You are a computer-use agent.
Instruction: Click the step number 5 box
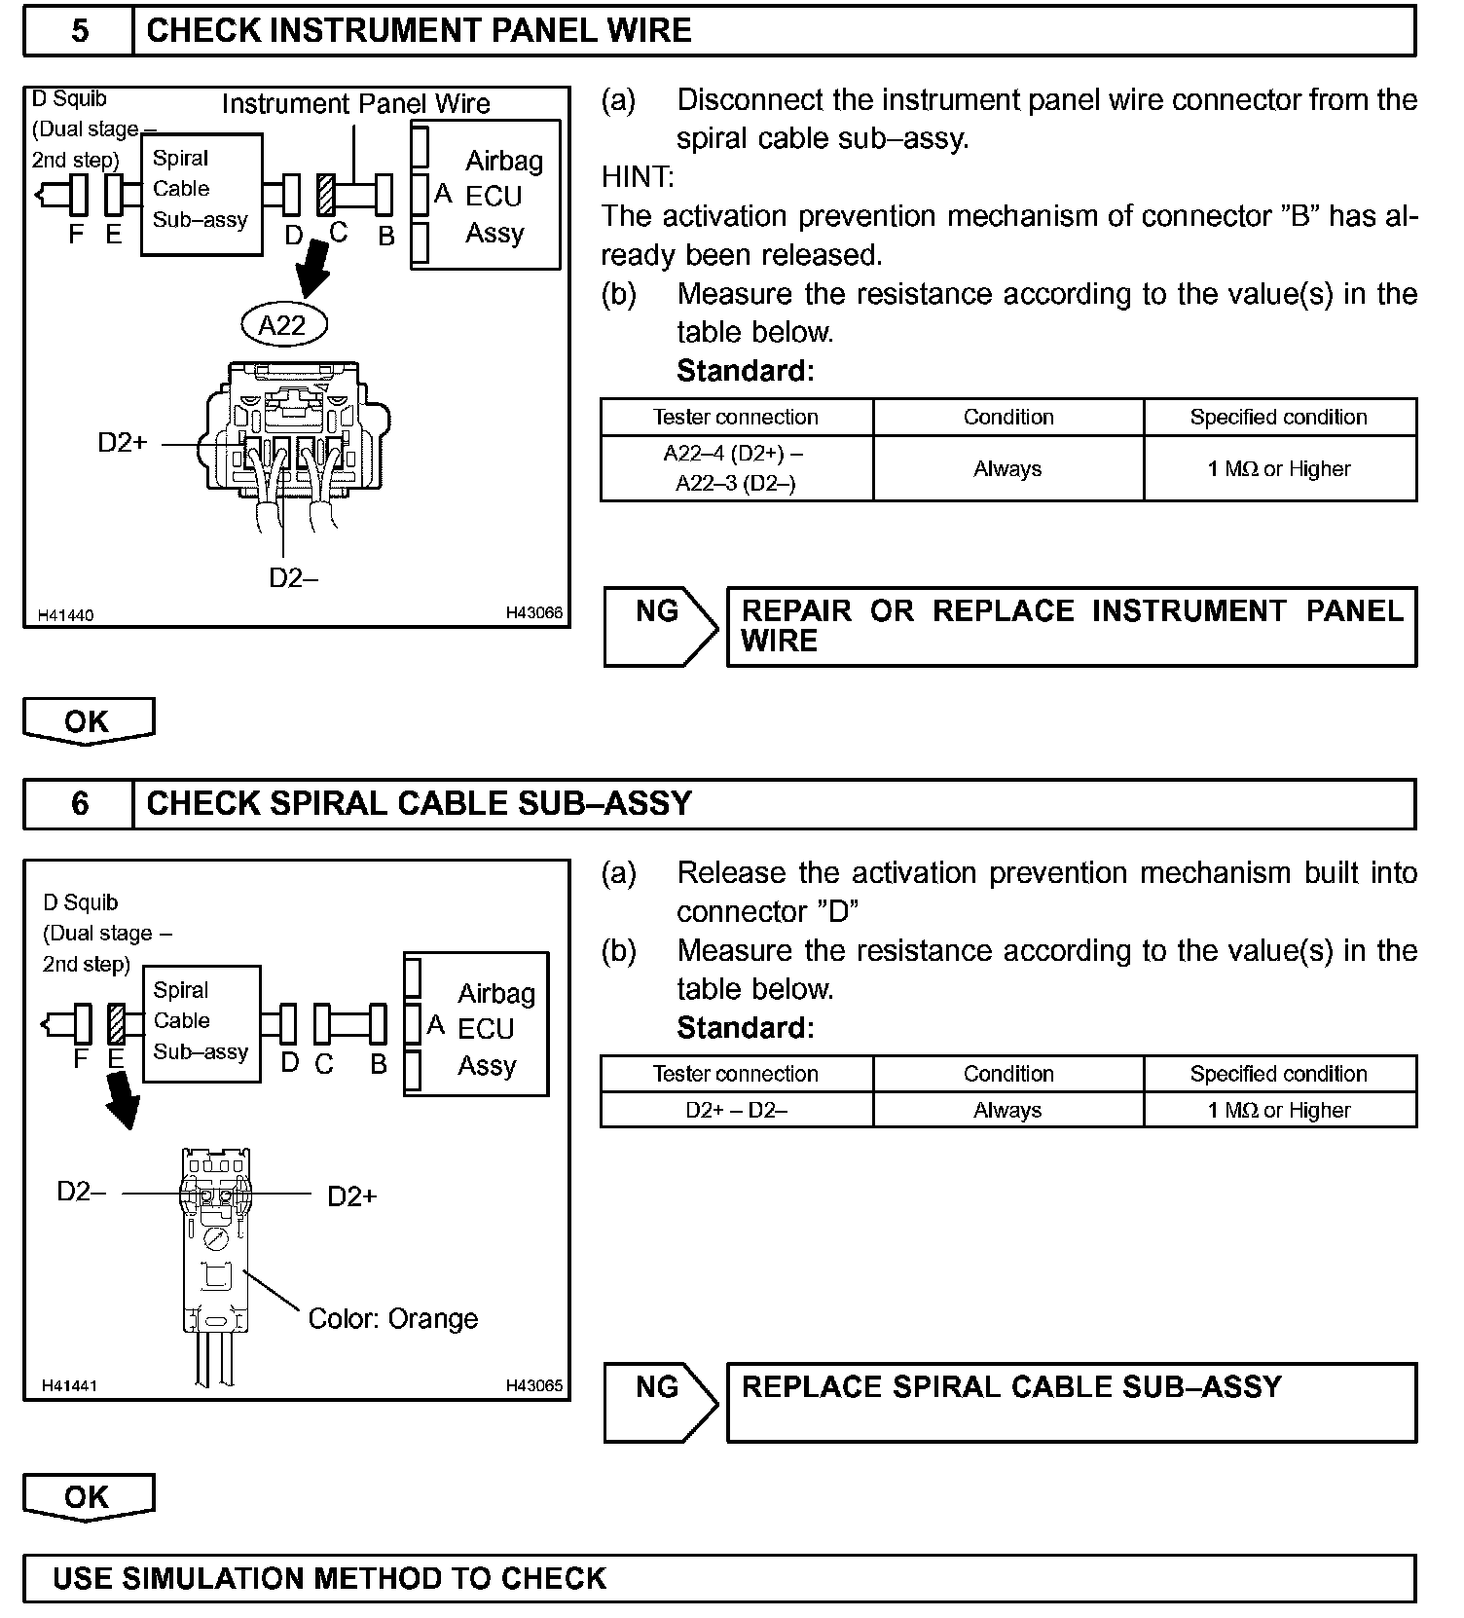79,31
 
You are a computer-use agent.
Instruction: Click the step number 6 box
79,804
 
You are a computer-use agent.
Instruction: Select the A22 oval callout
282,325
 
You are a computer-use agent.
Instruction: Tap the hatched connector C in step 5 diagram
326,195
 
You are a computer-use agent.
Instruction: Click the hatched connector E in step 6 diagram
117,1024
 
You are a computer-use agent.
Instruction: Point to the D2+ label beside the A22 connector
123,443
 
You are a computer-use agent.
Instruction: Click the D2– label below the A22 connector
293,578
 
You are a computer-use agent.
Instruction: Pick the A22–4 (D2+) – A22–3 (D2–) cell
736,468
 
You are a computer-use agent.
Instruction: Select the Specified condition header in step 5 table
1278,418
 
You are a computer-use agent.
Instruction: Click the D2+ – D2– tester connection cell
736,1111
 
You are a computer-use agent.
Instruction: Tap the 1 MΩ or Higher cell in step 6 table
1278,1111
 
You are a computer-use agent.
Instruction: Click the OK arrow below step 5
88,721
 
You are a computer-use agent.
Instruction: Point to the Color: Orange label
392,1319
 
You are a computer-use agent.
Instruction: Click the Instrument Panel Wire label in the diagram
355,104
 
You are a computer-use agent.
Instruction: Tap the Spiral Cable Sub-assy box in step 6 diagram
201,1023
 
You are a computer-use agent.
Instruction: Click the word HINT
638,177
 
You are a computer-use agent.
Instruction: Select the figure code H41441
68,1385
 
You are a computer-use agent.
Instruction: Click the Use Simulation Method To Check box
719,1578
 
